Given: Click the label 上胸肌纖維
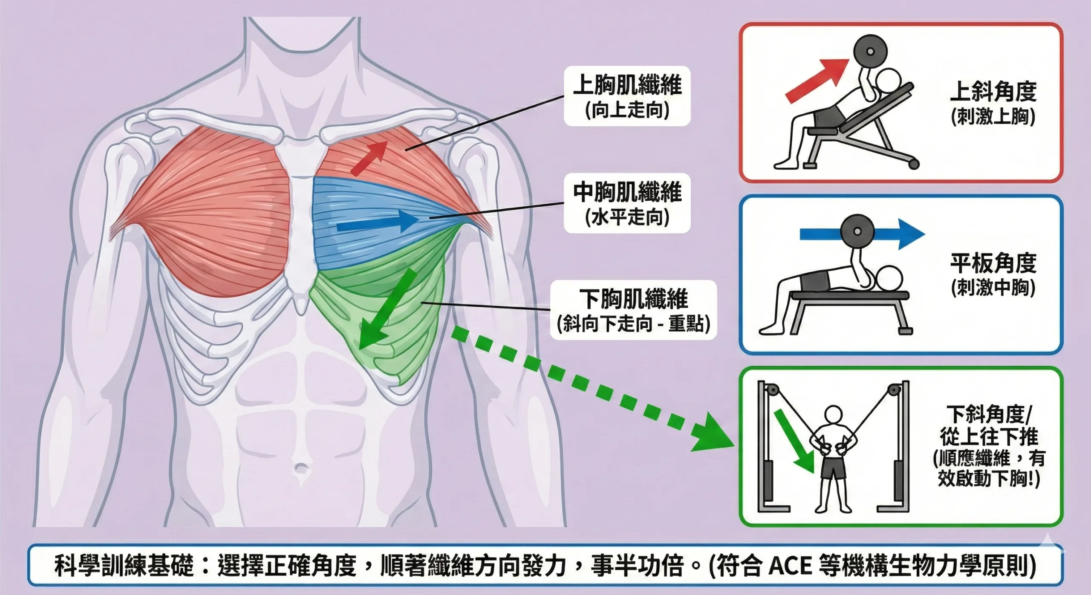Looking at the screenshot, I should [x=627, y=85].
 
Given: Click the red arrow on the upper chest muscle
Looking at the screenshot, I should [x=369, y=158].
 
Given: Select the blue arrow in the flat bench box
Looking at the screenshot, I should [x=861, y=234].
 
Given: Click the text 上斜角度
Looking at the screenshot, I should [x=993, y=92].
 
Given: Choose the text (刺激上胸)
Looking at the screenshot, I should [x=993, y=117].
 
